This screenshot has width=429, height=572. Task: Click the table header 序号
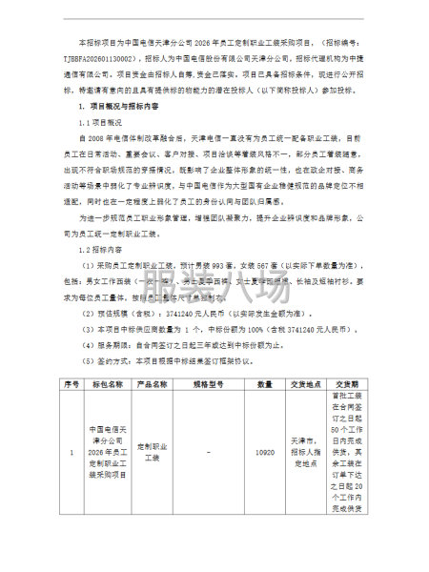coord(70,383)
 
